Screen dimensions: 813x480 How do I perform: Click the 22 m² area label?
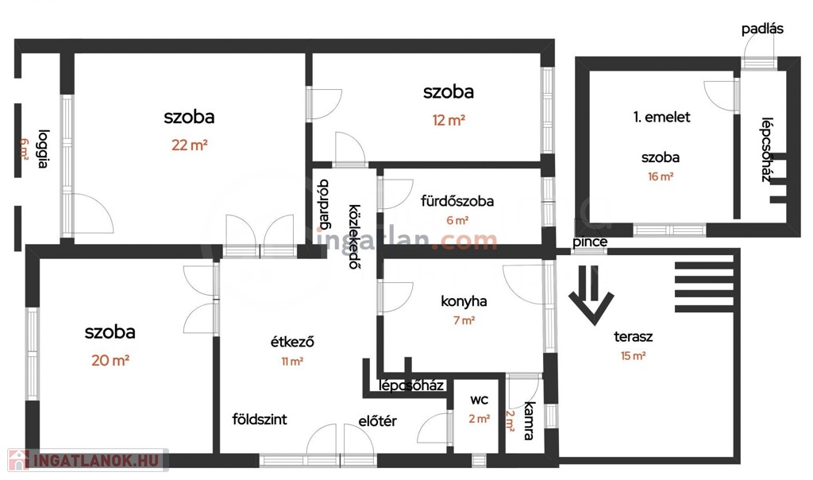[x=189, y=145]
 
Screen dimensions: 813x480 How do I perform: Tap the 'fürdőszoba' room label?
[x=457, y=201]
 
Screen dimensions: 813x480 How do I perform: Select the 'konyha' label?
[x=464, y=301]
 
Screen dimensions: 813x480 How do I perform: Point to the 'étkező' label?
[x=292, y=342]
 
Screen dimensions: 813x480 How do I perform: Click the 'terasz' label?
[x=633, y=336]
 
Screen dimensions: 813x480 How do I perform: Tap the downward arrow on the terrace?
[x=591, y=295]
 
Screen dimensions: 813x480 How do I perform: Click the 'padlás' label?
[x=762, y=29]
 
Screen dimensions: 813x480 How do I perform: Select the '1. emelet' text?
[x=661, y=117]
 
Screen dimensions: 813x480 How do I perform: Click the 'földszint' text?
[x=260, y=419]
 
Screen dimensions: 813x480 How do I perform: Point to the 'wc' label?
[x=479, y=400]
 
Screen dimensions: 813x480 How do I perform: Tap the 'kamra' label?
[x=529, y=421]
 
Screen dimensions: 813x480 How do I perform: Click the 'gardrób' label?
[x=324, y=204]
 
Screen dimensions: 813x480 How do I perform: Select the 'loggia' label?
[x=43, y=149]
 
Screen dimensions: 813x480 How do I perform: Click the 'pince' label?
[x=590, y=242]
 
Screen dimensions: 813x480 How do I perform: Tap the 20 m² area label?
[x=110, y=360]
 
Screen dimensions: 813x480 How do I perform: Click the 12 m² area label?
[x=449, y=120]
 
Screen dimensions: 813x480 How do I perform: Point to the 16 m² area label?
[x=661, y=176]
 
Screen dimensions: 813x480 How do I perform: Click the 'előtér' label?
[x=377, y=421]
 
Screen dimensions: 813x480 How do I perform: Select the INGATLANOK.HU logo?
[x=87, y=460]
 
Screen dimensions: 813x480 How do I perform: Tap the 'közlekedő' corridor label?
[x=354, y=237]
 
